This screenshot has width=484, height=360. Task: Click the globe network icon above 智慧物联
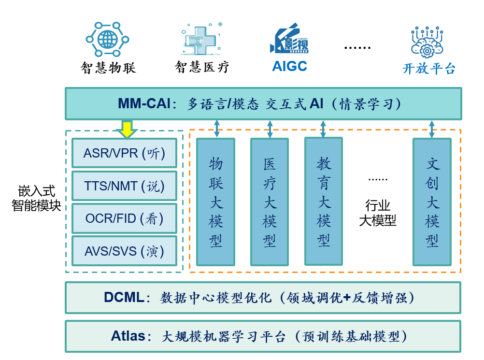pyautogui.click(x=107, y=39)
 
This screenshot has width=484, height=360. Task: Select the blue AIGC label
pyautogui.click(x=289, y=66)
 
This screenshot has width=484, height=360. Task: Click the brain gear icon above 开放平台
pyautogui.click(x=427, y=42)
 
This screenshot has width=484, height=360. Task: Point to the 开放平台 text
pyautogui.click(x=429, y=69)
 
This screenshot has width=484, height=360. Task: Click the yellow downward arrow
pyautogui.click(x=127, y=129)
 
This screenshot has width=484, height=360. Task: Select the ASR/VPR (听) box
pyautogui.click(x=124, y=153)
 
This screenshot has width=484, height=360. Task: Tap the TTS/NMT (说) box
pyautogui.click(x=124, y=186)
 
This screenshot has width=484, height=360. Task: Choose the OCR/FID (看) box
pyautogui.click(x=124, y=218)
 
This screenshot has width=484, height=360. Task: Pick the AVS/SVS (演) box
pyautogui.click(x=124, y=251)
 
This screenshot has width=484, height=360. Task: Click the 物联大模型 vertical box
pyautogui.click(x=215, y=202)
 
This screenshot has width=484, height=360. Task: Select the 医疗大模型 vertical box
pyautogui.click(x=269, y=202)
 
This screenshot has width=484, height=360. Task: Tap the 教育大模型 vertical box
pyautogui.click(x=323, y=202)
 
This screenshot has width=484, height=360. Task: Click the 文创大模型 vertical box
pyautogui.click(x=432, y=202)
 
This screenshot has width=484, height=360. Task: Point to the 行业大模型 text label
pyautogui.click(x=377, y=213)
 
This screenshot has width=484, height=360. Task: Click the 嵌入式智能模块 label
pyautogui.click(x=36, y=198)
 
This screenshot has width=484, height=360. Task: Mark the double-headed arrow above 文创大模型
pyautogui.click(x=432, y=129)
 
